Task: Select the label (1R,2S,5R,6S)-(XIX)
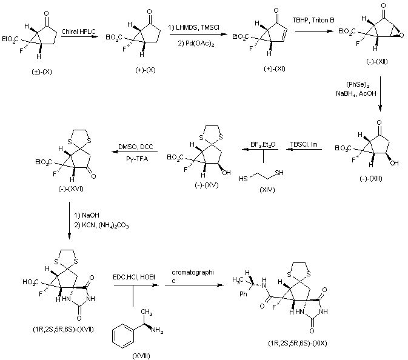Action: (299, 344)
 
